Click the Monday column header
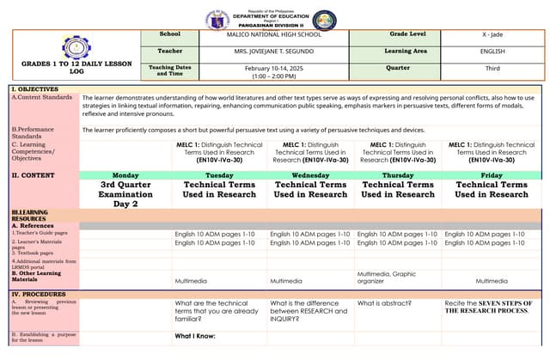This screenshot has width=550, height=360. click(x=125, y=175)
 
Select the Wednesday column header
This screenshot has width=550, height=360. click(x=310, y=175)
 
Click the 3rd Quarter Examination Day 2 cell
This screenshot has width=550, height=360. click(x=125, y=194)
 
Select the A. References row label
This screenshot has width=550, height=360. click(x=34, y=226)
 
